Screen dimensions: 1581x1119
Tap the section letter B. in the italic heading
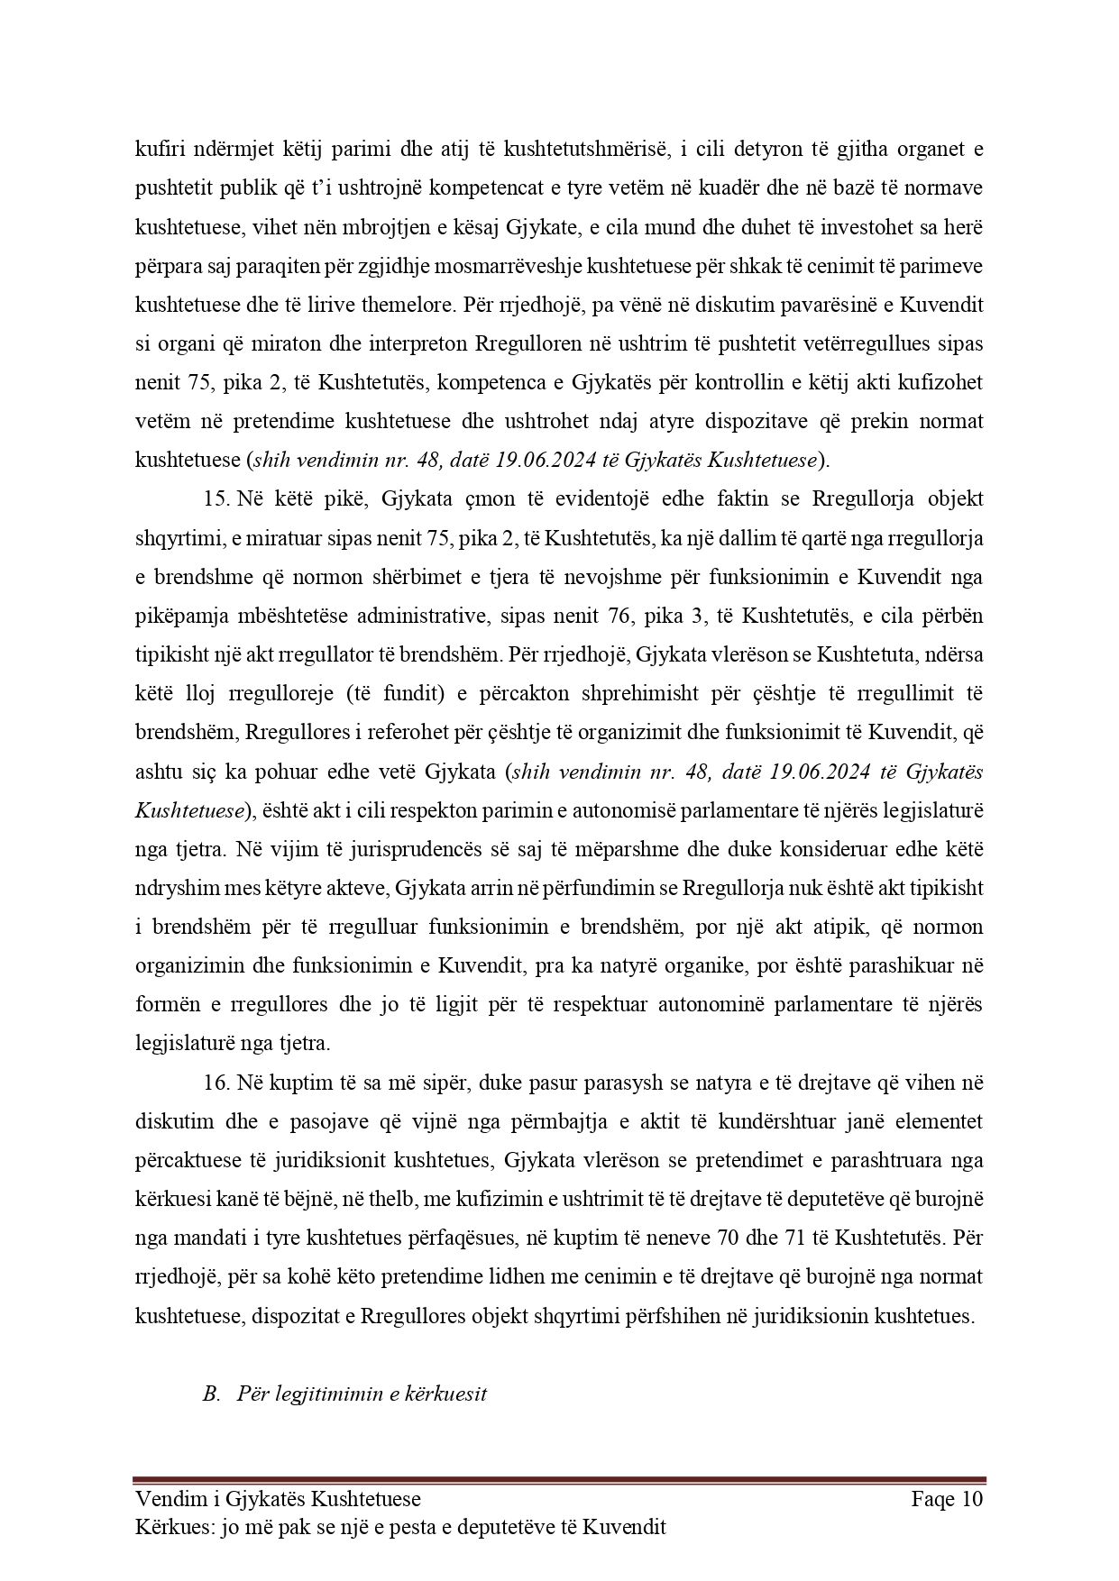tap(212, 1394)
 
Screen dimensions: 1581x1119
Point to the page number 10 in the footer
tap(971, 1499)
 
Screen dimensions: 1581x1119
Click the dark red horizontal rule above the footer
tap(559, 1479)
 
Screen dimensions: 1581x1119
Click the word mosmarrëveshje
tap(515, 266)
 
